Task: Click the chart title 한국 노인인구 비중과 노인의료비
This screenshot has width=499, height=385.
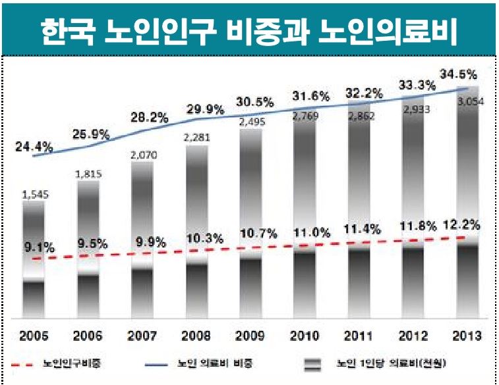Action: tap(249, 28)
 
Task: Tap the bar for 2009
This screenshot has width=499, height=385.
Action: tap(251, 224)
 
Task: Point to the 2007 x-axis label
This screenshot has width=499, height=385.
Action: tap(142, 336)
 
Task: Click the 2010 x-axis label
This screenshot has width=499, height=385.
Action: tap(305, 336)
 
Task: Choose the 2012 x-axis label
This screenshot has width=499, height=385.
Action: tap(413, 336)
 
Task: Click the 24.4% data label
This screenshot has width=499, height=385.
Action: tap(34, 147)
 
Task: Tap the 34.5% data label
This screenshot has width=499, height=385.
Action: tap(458, 74)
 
